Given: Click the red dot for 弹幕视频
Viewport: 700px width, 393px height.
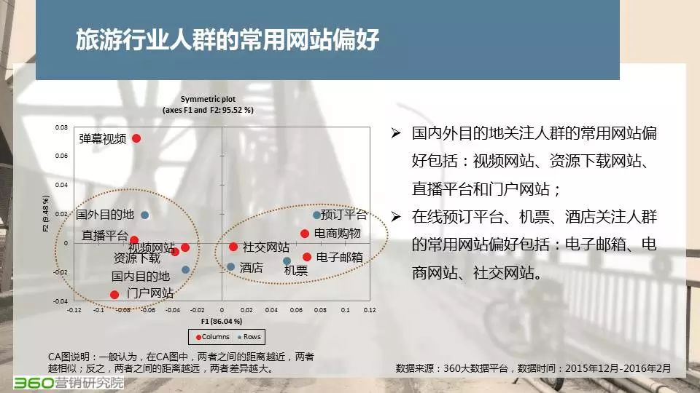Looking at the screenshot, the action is (136, 138).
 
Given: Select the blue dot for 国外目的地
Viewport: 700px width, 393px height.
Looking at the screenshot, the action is (144, 215).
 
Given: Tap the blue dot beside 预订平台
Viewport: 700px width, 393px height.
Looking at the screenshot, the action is (316, 215).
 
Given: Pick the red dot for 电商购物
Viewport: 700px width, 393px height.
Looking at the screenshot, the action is (305, 234).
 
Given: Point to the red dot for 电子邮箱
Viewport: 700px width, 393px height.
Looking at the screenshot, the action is (307, 257).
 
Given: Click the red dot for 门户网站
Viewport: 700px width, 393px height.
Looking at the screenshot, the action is (114, 295).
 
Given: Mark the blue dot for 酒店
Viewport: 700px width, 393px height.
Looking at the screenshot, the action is (231, 267).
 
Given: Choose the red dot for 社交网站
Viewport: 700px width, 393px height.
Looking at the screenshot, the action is (233, 247).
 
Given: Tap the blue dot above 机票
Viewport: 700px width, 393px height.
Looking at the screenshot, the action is (287, 261).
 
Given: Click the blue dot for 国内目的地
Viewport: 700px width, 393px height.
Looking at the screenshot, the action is (186, 269).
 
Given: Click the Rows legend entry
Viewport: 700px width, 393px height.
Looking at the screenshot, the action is (249, 337).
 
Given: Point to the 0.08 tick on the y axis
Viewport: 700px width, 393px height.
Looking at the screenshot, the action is (61, 127).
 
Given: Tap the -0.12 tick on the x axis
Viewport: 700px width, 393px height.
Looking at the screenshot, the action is (74, 310).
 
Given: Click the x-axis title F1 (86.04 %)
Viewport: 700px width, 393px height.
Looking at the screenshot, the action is (222, 321).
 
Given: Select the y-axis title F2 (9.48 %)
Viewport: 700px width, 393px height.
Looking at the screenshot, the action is (45, 213).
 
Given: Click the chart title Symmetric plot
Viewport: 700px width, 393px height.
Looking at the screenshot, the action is (208, 99).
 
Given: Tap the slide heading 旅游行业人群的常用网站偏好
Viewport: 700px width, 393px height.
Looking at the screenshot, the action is (227, 39).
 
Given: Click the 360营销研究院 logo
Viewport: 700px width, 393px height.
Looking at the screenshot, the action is (69, 383).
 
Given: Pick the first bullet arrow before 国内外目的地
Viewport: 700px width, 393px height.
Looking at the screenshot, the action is (395, 132).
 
